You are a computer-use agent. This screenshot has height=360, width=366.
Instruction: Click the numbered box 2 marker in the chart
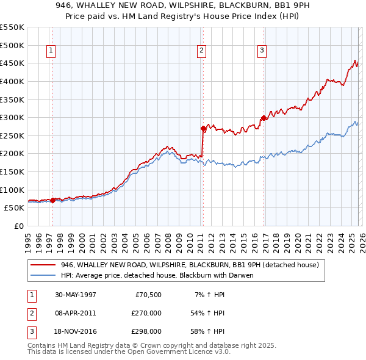point(201,51)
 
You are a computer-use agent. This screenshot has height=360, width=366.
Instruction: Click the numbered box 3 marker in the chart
point(262,51)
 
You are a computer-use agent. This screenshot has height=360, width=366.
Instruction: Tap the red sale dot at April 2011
point(203,128)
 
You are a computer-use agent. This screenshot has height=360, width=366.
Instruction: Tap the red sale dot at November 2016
point(263,118)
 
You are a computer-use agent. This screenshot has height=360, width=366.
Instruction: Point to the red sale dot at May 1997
point(53,200)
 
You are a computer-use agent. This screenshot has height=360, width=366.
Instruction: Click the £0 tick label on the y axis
point(18,226)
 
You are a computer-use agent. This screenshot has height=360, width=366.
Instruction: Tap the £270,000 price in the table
point(146,313)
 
